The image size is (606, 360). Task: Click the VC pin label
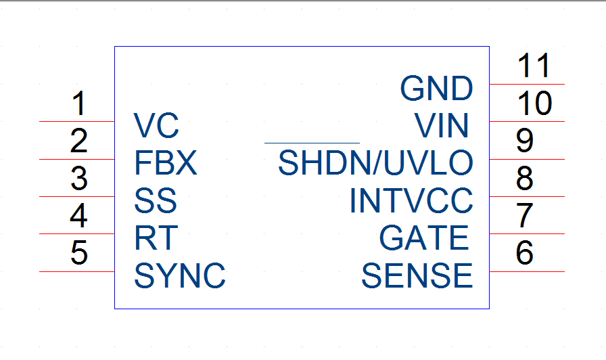(x=156, y=125)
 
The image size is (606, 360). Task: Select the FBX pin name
(x=166, y=163)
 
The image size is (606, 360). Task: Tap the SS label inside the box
(x=156, y=200)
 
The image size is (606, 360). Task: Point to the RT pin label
(x=156, y=238)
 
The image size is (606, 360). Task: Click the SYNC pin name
(x=180, y=275)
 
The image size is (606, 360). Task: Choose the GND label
(x=436, y=88)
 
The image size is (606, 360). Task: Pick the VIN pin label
(x=442, y=125)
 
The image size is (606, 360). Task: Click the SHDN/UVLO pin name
(x=375, y=163)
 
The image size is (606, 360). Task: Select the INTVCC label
(x=411, y=200)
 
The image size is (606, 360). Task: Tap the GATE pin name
(x=424, y=238)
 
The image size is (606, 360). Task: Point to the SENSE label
(x=417, y=275)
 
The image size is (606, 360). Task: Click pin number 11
(x=534, y=66)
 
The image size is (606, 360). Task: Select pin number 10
(x=535, y=104)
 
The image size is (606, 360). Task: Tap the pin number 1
(x=79, y=104)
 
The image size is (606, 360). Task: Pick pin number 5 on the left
(x=79, y=252)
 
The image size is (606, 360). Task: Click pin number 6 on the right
(x=524, y=252)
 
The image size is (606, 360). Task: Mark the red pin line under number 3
(x=77, y=196)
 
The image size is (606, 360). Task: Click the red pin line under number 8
(x=527, y=196)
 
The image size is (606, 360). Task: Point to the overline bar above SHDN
(x=312, y=143)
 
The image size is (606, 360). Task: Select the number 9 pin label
(x=524, y=141)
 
